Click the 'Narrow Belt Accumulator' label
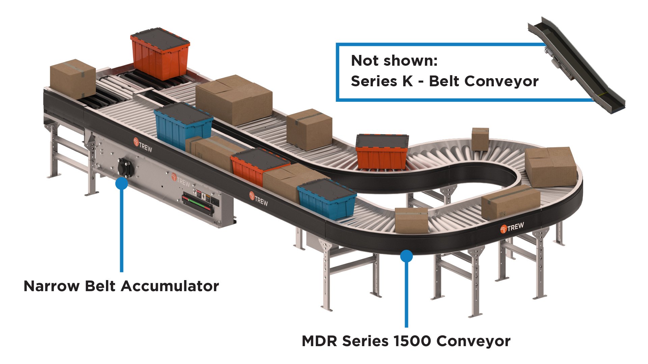[121, 286]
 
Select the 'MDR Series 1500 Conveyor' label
[406, 341]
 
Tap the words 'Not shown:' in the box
[394, 61]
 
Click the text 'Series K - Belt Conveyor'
[444, 81]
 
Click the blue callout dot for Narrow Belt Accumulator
[122, 183]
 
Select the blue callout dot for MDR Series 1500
[406, 256]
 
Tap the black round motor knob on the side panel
[125, 168]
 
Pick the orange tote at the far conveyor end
[160, 54]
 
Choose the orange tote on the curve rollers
[381, 152]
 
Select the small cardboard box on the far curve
[480, 139]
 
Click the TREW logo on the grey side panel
[181, 179]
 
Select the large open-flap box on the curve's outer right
[550, 166]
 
